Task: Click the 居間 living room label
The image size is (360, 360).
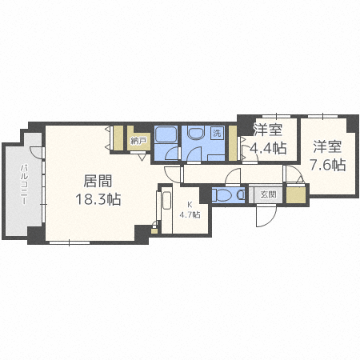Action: [x=98, y=181]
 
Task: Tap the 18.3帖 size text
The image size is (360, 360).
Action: [x=98, y=199]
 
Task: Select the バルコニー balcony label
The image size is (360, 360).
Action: [x=24, y=185]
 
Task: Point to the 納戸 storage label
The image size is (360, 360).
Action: [x=137, y=141]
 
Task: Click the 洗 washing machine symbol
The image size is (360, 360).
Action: [x=217, y=133]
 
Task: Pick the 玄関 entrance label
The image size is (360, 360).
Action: [x=268, y=194]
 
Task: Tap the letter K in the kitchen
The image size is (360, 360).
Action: [x=190, y=205]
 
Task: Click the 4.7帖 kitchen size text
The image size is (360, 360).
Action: [x=190, y=214]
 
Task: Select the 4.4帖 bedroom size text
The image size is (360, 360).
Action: [x=267, y=148]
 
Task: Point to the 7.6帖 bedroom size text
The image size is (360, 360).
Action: [x=327, y=165]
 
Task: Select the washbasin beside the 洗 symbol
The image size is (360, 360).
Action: [x=195, y=133]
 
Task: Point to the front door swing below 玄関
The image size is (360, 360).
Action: [x=266, y=217]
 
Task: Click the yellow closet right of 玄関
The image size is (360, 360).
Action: [x=296, y=195]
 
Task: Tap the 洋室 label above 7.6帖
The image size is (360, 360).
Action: [x=327, y=146]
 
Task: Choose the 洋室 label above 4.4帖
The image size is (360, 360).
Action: [x=268, y=130]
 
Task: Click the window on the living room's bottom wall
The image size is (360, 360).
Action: [x=70, y=242]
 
